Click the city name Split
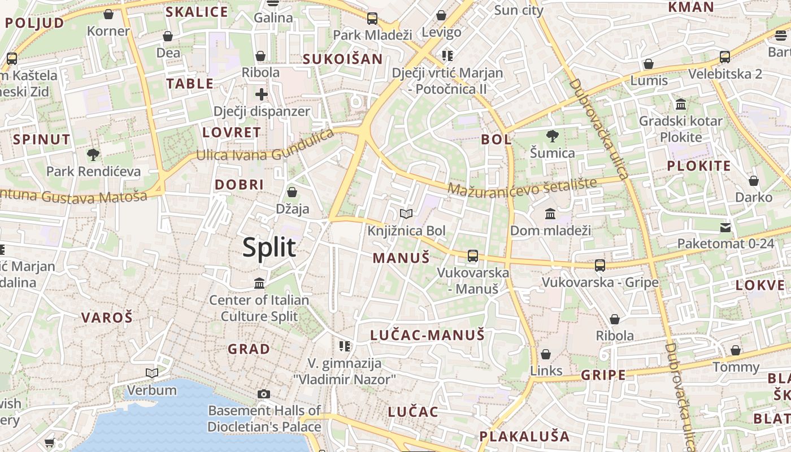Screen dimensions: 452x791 [x=269, y=247]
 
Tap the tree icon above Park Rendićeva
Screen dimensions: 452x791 [x=93, y=154]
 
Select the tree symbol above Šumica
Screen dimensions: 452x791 [x=552, y=136]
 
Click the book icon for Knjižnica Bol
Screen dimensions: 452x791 [x=406, y=214]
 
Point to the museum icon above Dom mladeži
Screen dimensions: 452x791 [x=550, y=214]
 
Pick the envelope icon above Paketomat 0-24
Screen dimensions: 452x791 [x=725, y=227]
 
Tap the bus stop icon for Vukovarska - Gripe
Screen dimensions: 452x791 [x=600, y=265]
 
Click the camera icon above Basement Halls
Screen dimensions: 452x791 [x=263, y=394]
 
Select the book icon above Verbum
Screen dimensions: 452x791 [x=151, y=373]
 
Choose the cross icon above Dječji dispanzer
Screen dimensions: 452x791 [x=261, y=94]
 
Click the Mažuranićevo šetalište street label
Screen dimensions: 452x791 [x=523, y=186]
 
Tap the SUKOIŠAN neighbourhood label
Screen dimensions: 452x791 [x=342, y=59]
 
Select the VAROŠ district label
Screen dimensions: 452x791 [x=107, y=318]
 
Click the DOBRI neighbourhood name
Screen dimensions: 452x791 [x=239, y=185]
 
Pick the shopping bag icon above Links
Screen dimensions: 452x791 [x=546, y=354]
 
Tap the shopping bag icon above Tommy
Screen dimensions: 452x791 [x=736, y=351]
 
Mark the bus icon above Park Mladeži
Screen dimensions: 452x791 [x=372, y=19]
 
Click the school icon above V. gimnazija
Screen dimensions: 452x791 [x=344, y=346]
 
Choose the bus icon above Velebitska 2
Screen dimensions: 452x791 [x=725, y=57]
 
